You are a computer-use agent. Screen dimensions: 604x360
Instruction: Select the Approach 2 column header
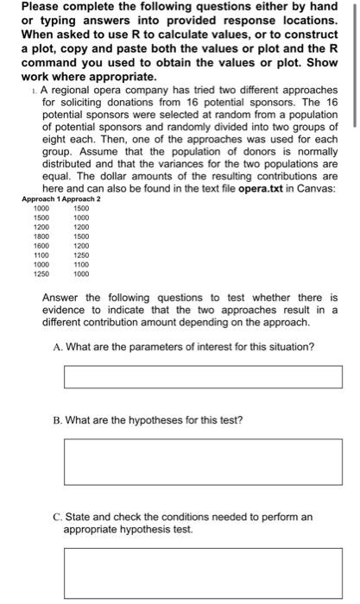coord(82,199)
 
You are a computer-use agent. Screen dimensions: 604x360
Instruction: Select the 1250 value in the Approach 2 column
coord(81,255)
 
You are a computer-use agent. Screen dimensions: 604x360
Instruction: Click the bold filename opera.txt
coord(262,188)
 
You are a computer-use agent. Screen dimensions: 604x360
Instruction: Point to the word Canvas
coord(321,188)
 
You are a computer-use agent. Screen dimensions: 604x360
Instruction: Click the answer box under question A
coord(203,377)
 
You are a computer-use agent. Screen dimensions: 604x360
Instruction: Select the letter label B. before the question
coord(58,420)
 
